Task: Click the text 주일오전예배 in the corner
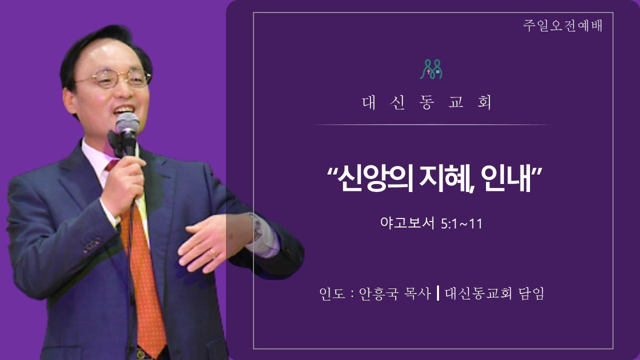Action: [x=562, y=25]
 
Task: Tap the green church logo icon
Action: [x=431, y=69]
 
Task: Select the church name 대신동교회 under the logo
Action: [x=427, y=102]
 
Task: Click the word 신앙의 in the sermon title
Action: [x=375, y=179]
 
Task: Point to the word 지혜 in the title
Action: [x=447, y=179]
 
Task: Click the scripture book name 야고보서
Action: [x=407, y=223]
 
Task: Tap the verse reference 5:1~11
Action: [x=461, y=223]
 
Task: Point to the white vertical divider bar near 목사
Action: [x=437, y=293]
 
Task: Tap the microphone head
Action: [x=127, y=122]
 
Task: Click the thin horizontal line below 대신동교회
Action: [x=430, y=125]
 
